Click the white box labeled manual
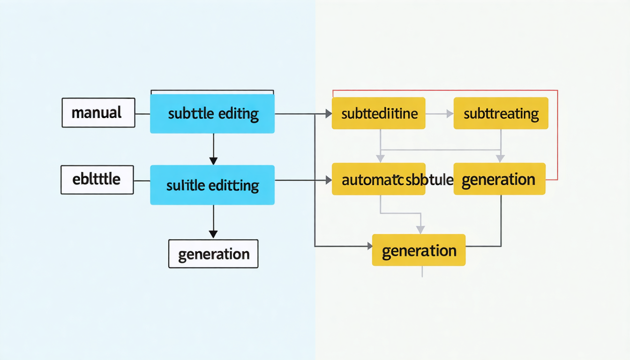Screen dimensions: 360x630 pyautogui.click(x=98, y=112)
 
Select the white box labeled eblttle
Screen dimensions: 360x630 pyautogui.click(x=97, y=180)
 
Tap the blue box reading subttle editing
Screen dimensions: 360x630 pyautogui.click(x=212, y=113)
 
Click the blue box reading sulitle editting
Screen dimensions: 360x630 pyautogui.click(x=212, y=185)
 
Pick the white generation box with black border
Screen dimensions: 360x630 pyautogui.click(x=213, y=254)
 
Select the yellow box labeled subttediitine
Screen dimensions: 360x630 pyautogui.click(x=378, y=113)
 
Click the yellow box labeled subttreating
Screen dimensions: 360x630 pyautogui.click(x=501, y=113)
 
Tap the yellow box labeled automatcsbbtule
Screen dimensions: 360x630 pyautogui.click(x=378, y=179)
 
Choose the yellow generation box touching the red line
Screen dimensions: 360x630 pyautogui.click(x=500, y=179)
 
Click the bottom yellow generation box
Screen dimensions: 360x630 pyautogui.click(x=419, y=250)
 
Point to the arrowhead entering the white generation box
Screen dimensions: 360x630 pyautogui.click(x=213, y=234)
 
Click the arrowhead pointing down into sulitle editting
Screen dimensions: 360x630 pyautogui.click(x=213, y=161)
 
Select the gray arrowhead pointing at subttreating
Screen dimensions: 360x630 pyautogui.click(x=450, y=113)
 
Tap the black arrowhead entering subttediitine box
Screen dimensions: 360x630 pyautogui.click(x=328, y=113)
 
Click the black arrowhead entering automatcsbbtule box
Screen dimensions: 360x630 pyautogui.click(x=328, y=180)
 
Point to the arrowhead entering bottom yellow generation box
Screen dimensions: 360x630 pyautogui.click(x=368, y=246)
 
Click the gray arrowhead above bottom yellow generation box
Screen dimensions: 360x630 pyautogui.click(x=420, y=229)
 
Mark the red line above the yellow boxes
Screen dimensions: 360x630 pyautogui.click(x=445, y=90)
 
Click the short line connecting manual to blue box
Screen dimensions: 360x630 pyautogui.click(x=142, y=113)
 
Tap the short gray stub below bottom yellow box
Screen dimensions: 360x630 pyautogui.click(x=422, y=271)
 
